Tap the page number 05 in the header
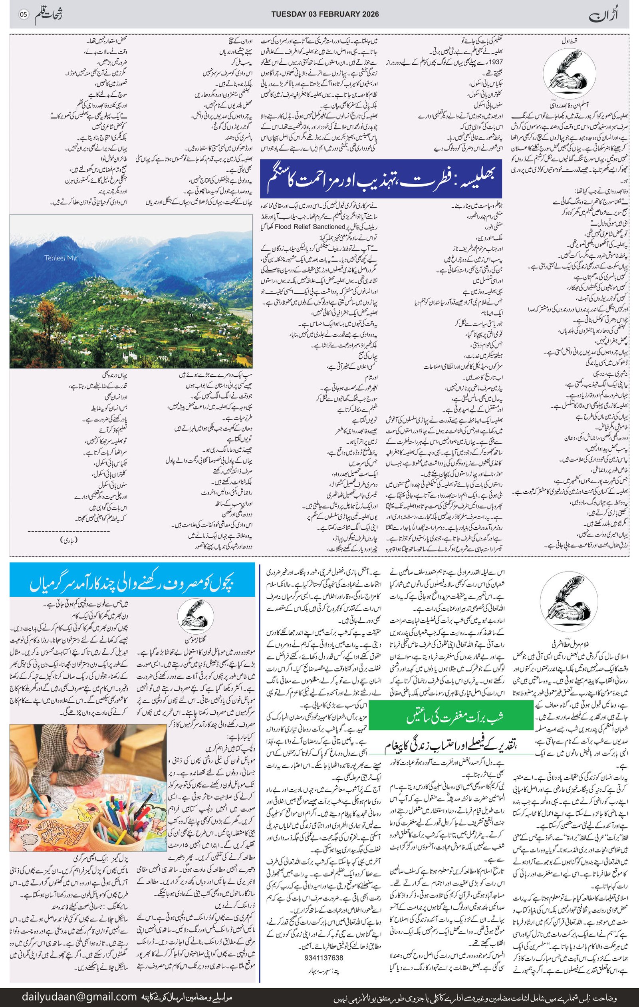tap(23, 15)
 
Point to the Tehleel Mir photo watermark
tap(61, 258)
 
